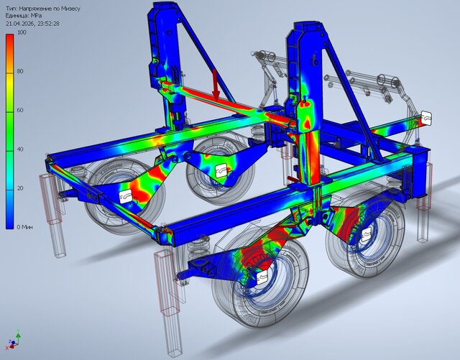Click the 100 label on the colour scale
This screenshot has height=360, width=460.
(22, 32)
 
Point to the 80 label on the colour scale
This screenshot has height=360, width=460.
(20, 71)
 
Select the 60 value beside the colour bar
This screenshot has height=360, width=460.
(20, 111)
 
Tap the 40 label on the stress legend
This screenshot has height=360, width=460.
(20, 149)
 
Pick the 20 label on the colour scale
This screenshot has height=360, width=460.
(20, 188)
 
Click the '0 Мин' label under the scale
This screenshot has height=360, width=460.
(24, 227)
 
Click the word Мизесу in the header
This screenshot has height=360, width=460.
(70, 9)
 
